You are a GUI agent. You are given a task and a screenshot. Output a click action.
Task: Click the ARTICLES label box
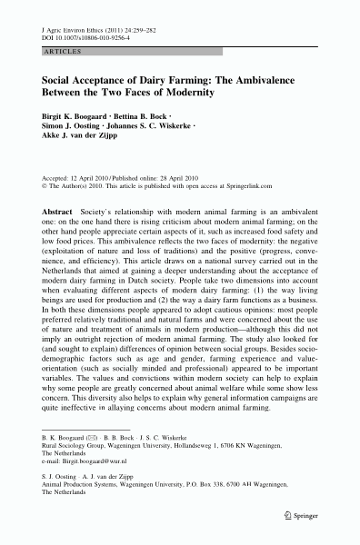(57, 54)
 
